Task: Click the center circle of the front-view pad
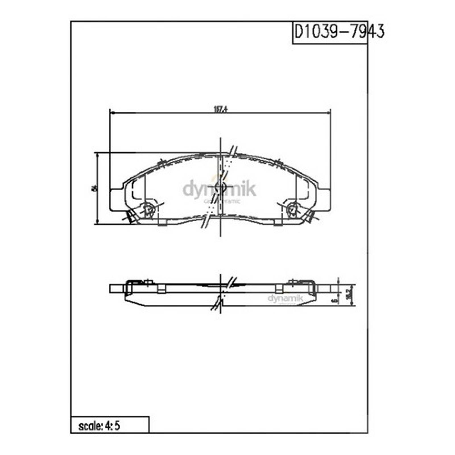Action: [220, 187]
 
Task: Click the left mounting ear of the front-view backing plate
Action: [116, 200]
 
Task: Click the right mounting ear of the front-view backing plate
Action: [325, 200]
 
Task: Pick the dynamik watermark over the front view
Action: [219, 190]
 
